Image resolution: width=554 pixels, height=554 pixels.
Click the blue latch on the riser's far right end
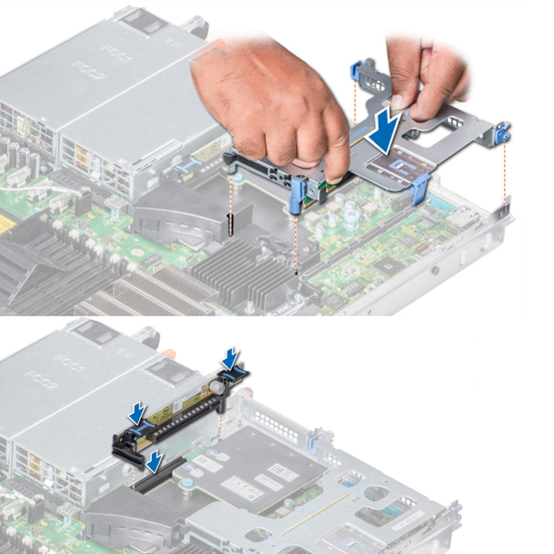(503, 132)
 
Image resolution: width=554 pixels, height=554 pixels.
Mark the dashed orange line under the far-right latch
(505, 174)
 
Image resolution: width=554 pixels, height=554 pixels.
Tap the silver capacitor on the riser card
(217, 388)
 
